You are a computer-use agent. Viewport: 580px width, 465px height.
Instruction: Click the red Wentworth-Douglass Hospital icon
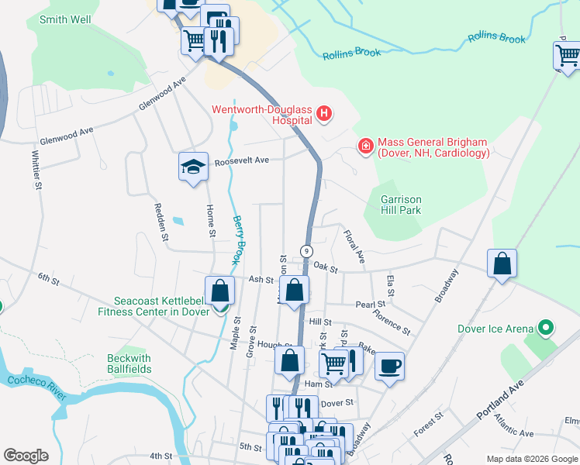tap(324, 115)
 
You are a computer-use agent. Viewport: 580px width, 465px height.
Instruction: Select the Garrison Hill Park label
tap(400, 204)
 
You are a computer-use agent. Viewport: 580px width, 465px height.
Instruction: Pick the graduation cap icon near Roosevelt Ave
tap(194, 167)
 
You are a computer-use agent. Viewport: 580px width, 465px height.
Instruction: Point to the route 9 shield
tap(307, 251)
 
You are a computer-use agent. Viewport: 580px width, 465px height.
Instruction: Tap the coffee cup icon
tap(389, 365)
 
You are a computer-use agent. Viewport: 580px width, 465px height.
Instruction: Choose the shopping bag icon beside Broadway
tap(502, 263)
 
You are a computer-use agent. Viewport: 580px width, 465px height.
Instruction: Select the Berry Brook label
tap(238, 241)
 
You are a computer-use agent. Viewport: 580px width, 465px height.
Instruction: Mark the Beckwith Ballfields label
tap(129, 363)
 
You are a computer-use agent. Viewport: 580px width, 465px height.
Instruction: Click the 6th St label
tap(49, 277)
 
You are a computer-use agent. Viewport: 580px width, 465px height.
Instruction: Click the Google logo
tap(26, 456)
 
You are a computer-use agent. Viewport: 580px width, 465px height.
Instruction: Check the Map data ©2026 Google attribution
tap(531, 459)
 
